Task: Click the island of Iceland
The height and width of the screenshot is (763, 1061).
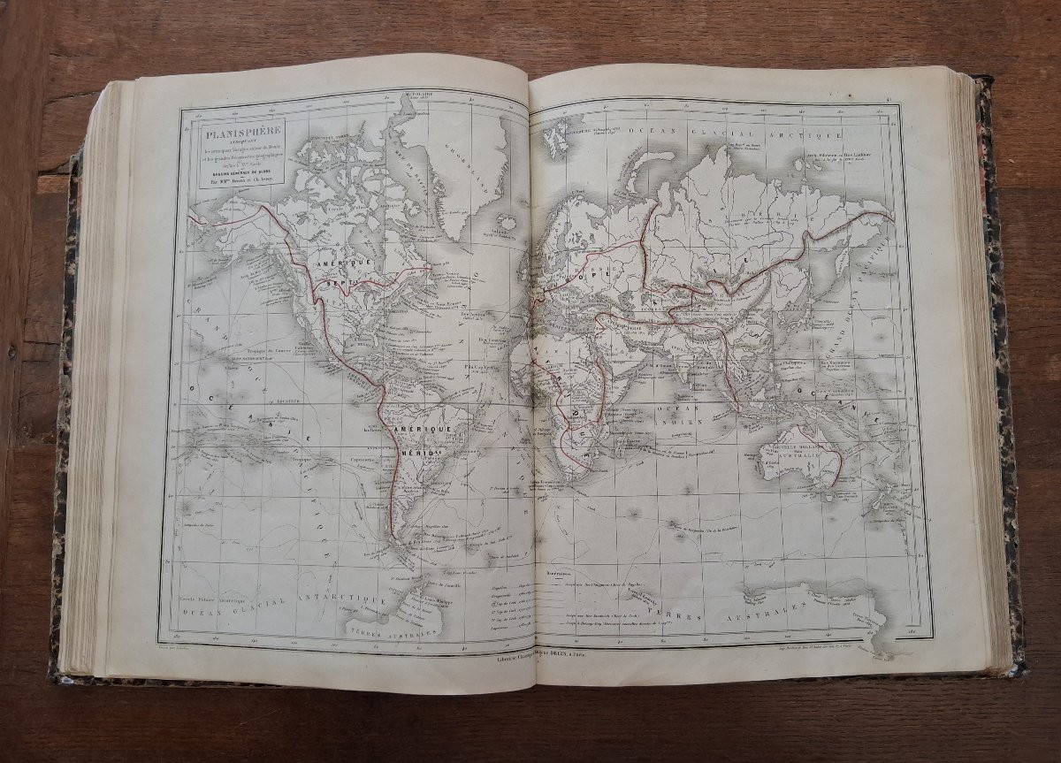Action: coord(506,222)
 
